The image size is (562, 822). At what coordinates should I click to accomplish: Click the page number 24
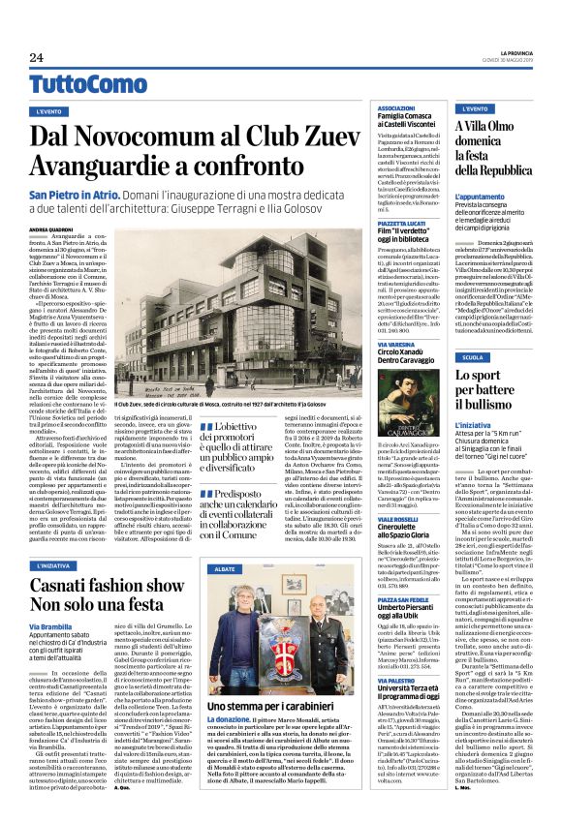click(x=35, y=57)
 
